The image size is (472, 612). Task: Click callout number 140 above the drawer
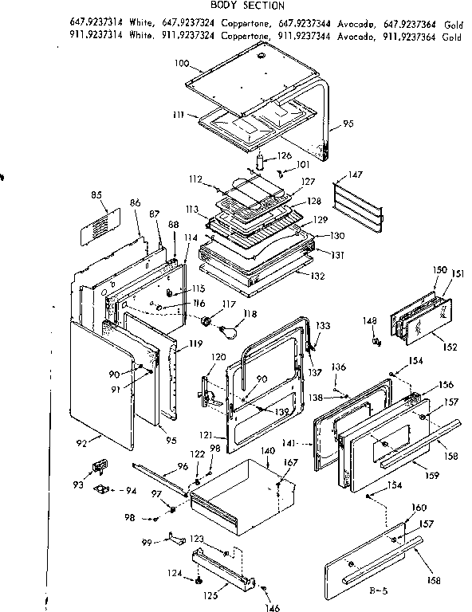click(268, 451)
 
